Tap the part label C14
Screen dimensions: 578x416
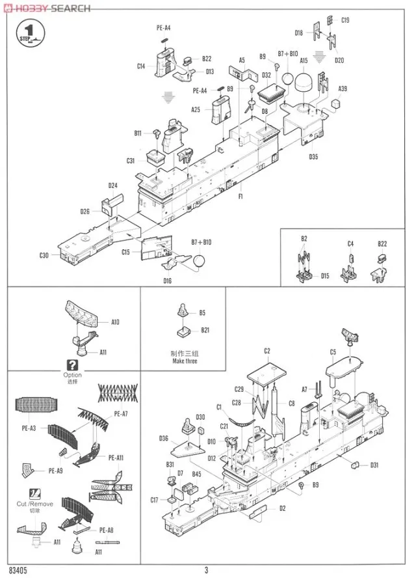pos(141,66)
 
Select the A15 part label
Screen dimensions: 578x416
pos(303,61)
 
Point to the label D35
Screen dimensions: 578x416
pos(313,156)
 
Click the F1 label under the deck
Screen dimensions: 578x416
pos(240,196)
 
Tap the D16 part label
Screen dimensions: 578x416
pos(167,280)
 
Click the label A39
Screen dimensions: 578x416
pos(342,89)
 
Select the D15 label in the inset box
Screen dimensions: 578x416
pos(324,275)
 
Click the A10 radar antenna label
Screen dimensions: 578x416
pos(115,321)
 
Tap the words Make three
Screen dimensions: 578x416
pos(183,361)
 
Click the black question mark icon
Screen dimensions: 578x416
pos(72,365)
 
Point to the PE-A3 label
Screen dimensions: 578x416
pos(28,428)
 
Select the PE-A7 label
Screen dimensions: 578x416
pos(122,413)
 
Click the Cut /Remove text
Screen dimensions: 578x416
pos(35,503)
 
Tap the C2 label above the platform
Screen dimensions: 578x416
pos(266,351)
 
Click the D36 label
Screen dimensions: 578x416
pos(163,438)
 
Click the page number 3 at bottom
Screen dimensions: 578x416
pos(206,571)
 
